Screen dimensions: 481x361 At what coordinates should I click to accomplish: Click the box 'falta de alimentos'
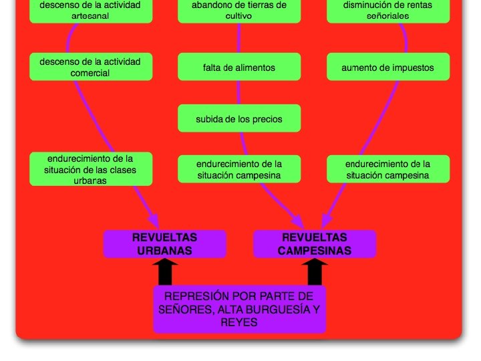tap(239, 68)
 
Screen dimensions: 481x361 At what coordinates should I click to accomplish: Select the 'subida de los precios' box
tap(239, 119)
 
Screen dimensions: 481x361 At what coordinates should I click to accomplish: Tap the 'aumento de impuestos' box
tap(387, 68)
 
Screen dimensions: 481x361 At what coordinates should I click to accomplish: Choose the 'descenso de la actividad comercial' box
tap(90, 68)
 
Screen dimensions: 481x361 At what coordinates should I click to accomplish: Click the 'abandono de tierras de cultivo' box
tap(239, 10)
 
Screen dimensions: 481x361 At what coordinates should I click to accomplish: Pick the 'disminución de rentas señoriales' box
tap(387, 10)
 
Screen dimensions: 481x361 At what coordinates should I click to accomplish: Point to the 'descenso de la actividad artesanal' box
tap(90, 10)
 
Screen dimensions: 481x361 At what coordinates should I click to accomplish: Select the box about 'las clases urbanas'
tap(90, 169)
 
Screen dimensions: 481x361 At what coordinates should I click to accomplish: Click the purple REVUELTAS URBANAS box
tap(164, 244)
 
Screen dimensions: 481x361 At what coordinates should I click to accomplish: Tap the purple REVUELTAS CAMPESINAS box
tap(314, 244)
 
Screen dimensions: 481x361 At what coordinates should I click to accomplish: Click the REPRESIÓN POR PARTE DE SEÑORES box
tap(239, 309)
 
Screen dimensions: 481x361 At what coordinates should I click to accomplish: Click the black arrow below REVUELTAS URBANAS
tap(165, 272)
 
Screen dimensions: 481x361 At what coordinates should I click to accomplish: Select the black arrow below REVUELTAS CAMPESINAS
tap(314, 272)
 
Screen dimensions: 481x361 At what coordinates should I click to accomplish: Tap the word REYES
tap(239, 322)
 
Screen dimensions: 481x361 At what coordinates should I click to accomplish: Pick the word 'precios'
tap(266, 119)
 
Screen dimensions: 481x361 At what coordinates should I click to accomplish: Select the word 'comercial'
tap(90, 74)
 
